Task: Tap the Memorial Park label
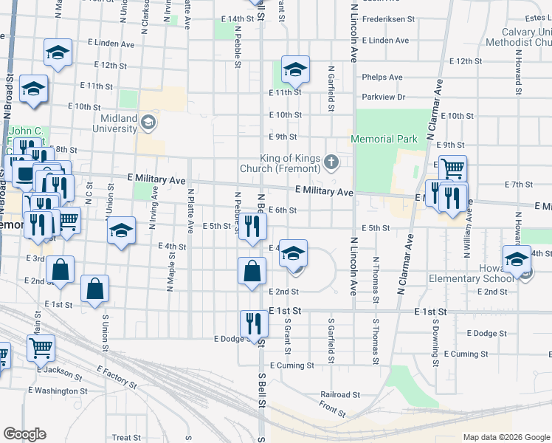[x=384, y=139]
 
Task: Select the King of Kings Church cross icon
[x=332, y=162]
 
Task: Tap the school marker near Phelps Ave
[x=294, y=70]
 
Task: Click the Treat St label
[x=125, y=438]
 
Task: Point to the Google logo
[x=25, y=434]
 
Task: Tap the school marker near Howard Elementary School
[x=517, y=259]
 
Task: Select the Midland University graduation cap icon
[x=148, y=122]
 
